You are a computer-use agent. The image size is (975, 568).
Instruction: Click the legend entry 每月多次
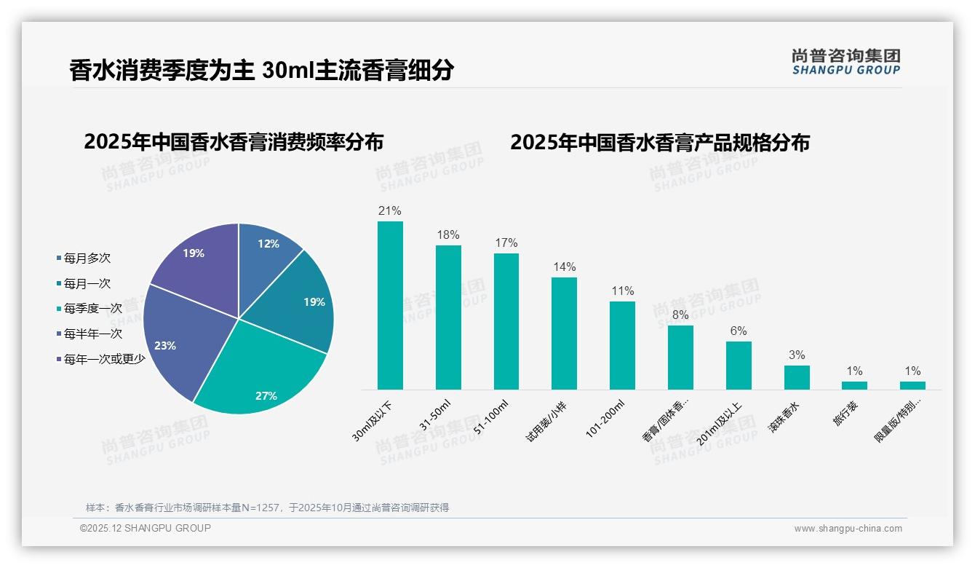[x=87, y=258]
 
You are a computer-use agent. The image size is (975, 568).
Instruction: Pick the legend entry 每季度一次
[x=92, y=308]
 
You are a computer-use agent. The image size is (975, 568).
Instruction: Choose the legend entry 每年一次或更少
[x=104, y=358]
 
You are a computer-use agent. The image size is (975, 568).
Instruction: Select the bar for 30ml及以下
[x=390, y=306]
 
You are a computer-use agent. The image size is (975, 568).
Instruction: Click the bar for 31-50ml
[x=448, y=317]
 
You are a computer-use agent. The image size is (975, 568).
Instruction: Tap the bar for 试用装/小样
[x=564, y=334]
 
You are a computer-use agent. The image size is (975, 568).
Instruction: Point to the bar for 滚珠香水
[x=797, y=377]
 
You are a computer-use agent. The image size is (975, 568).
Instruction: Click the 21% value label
[x=390, y=211]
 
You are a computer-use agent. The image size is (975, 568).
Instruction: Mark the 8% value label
[x=680, y=315]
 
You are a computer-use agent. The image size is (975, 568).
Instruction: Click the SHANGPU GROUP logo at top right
[x=846, y=61]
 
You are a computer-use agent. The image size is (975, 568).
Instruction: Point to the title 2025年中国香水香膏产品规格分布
[x=659, y=142]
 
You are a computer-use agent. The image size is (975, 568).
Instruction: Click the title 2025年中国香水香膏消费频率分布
[x=234, y=141]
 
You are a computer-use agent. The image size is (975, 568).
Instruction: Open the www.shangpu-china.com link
[x=848, y=528]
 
